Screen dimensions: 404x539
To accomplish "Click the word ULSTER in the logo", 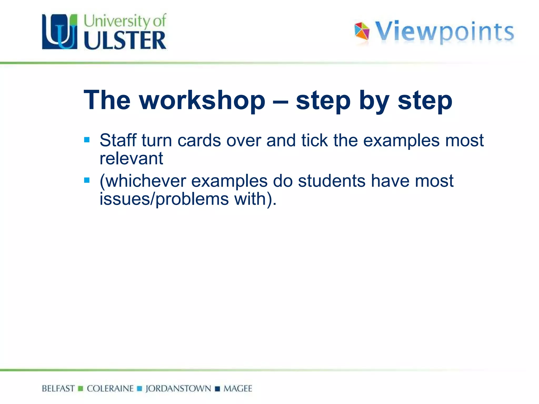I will coord(125,40).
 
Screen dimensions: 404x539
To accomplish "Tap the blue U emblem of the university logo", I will coord(60,32).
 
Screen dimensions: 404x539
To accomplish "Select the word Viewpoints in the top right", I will coord(444,32).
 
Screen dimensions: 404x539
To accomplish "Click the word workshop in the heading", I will coord(202,100).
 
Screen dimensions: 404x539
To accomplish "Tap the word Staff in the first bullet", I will coord(118,140).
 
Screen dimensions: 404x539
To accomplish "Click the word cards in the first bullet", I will coord(199,141).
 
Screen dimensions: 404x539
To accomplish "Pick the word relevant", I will coord(131,159).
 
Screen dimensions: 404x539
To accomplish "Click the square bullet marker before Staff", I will coord(87,140).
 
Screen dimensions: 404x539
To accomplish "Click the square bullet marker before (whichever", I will coord(87,180).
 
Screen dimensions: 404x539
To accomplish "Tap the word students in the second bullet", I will coord(332,181).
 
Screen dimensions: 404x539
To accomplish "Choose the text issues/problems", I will coord(164,199).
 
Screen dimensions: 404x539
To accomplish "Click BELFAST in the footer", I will coord(58,388).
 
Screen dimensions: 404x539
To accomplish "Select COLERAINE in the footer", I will coord(110,388).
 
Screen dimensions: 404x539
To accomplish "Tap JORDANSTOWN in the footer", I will coord(178,388).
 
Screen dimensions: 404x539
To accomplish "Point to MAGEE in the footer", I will coord(238,388).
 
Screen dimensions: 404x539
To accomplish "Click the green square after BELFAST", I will coord(81,389).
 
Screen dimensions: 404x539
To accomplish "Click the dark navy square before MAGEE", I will coord(217,389).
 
